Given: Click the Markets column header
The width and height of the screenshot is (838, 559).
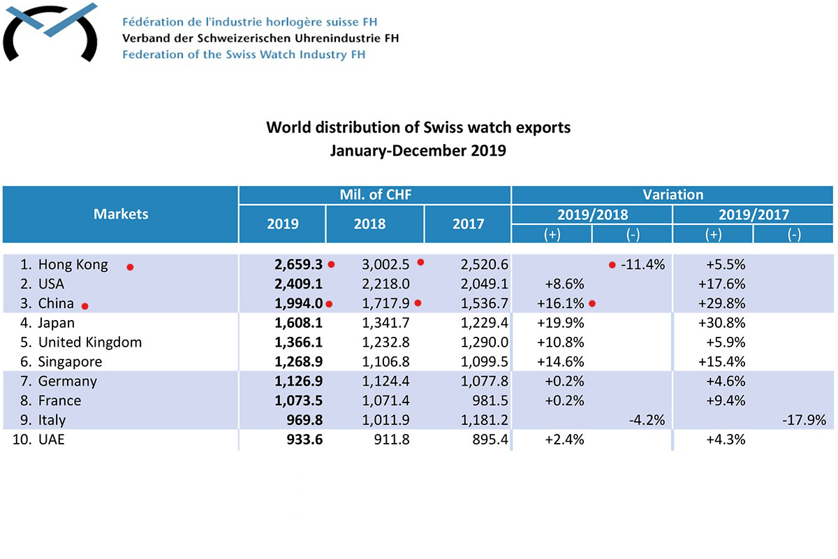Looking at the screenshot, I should point(121,214).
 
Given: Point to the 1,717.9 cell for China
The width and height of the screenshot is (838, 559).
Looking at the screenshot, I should point(384,304).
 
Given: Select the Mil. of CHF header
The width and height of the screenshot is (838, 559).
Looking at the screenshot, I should point(375,195).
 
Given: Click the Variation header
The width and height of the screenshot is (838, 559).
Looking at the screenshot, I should point(672,195).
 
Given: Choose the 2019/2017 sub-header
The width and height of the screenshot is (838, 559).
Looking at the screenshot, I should point(753,215).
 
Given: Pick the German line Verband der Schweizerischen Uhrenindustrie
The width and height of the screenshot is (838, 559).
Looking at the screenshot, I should point(260,38).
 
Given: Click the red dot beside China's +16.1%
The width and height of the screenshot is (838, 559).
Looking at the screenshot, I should point(591,303).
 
